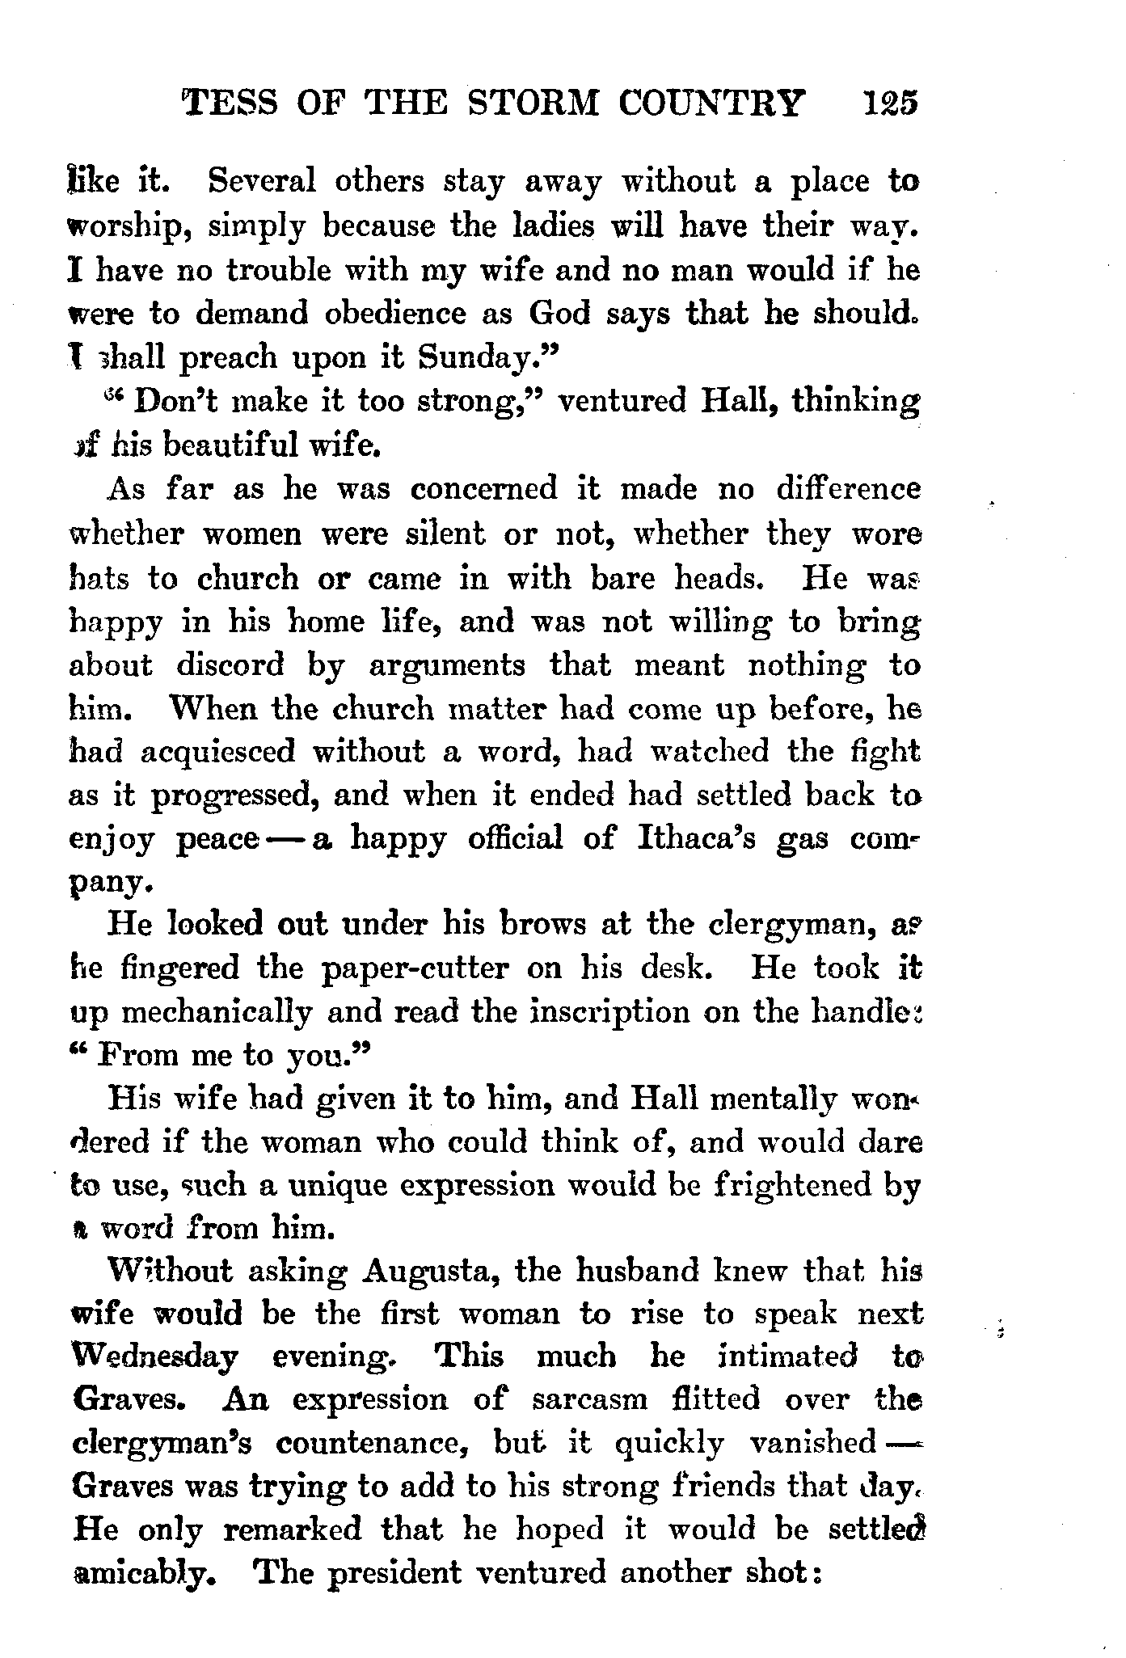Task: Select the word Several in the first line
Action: [261, 182]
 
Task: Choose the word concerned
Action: [483, 488]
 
